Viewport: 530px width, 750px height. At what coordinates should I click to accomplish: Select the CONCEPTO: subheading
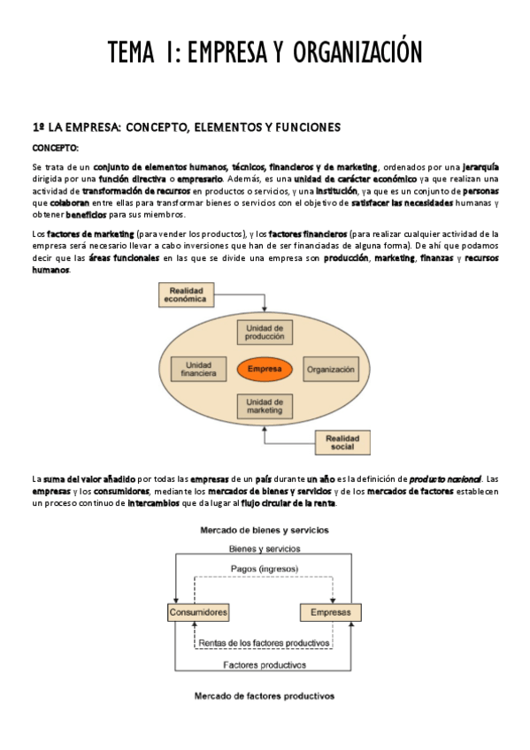pos(56,148)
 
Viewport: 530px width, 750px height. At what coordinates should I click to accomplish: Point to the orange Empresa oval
pos(265,369)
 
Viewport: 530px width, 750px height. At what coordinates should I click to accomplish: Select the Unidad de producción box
pos(265,332)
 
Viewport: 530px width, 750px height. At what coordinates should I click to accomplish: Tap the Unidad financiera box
pos(199,369)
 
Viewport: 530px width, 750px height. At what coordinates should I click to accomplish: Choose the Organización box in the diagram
pos(330,369)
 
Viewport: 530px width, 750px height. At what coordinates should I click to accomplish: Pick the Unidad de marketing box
pos(265,406)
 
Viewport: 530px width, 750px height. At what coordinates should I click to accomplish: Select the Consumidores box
pos(198,612)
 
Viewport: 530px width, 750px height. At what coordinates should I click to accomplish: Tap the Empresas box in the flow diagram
pos(330,612)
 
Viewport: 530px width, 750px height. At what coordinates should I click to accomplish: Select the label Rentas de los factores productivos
pos(265,642)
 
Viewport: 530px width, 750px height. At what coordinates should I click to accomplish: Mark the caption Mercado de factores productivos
pos(265,695)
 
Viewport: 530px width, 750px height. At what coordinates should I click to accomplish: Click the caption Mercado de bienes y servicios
pos(265,531)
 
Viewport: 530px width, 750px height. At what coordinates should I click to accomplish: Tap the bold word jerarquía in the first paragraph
pos(480,166)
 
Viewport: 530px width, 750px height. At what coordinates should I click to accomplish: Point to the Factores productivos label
pos(265,663)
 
